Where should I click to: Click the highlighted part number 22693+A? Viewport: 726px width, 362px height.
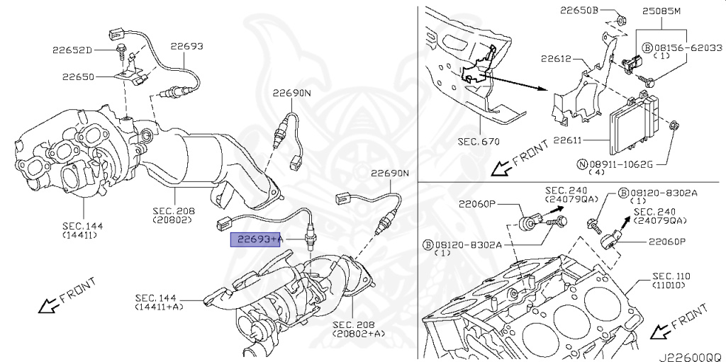(x=256, y=240)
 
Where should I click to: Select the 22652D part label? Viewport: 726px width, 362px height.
(x=72, y=50)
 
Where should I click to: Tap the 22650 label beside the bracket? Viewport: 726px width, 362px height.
(x=77, y=77)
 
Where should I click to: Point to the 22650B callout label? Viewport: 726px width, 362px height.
(x=579, y=11)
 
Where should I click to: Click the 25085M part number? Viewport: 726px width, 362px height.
(x=661, y=11)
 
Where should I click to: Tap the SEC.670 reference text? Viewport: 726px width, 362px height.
(x=479, y=141)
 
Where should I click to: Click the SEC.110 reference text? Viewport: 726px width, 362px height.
(x=671, y=276)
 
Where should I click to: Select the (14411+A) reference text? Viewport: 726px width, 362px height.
(x=157, y=307)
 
